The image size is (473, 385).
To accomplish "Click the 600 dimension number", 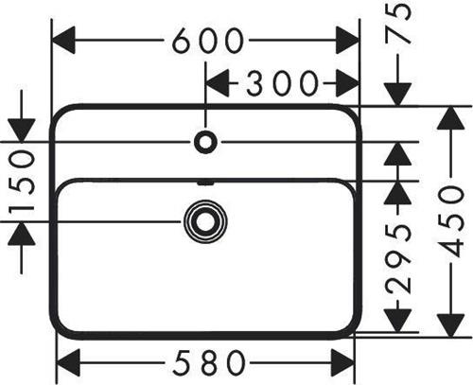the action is coord(208,41).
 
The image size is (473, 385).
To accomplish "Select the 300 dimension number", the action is coord(282,83).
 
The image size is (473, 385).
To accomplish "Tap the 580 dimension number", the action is coord(210,362).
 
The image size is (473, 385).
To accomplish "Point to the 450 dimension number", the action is coord(451,221).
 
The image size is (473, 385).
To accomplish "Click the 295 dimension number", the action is coord(398,259).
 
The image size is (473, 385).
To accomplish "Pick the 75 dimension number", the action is coord(398,24).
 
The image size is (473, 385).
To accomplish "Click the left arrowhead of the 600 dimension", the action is coord(63,40).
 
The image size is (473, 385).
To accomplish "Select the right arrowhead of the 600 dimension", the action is coord(347,40).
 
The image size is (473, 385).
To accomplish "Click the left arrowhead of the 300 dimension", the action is coord(218,83).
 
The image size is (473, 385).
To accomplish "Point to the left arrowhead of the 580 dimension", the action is coord(68,362).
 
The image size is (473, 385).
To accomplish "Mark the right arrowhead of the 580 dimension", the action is coord(342,362).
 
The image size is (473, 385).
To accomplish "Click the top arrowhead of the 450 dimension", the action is coord(451,117).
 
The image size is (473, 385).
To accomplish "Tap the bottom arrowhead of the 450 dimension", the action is coord(451,325).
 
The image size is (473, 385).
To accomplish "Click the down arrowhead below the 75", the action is coord(398,95).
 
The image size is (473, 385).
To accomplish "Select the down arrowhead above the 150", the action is coord(22,131).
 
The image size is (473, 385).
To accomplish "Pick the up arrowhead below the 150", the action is coord(22,234).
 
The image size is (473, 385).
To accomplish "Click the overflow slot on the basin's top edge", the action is coord(205,183).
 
